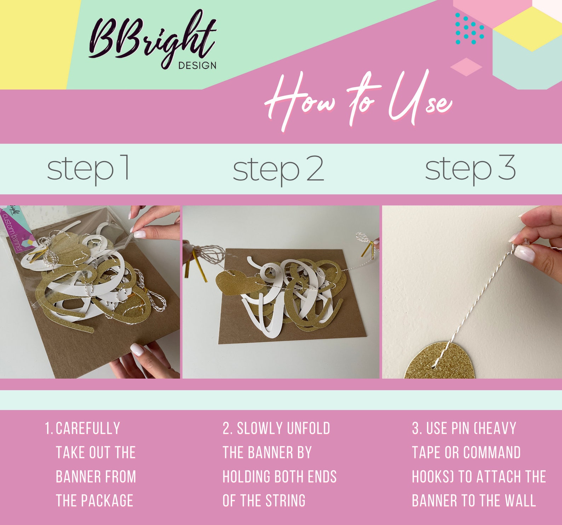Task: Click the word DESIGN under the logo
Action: point(197,65)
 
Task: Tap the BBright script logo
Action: point(152,39)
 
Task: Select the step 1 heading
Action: point(88,169)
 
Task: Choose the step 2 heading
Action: point(278,169)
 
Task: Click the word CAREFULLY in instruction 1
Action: point(88,428)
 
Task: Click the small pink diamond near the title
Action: point(466,67)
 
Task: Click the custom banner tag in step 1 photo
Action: point(16,230)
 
